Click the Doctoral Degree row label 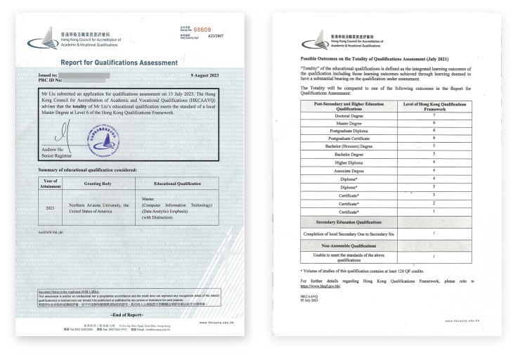tap(350, 115)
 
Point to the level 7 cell tap(434, 115)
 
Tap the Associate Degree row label tap(350, 170)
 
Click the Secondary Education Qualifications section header tap(350, 221)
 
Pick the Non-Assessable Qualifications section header tap(350, 246)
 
